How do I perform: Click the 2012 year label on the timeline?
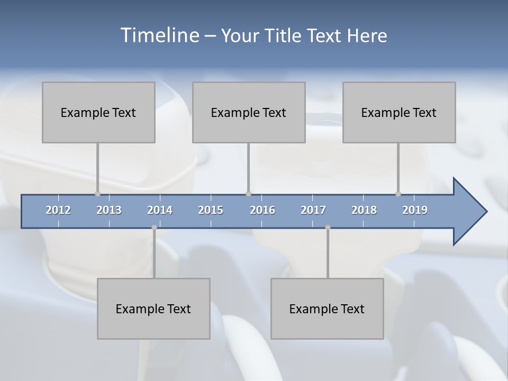click(x=58, y=210)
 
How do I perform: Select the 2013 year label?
click(x=109, y=210)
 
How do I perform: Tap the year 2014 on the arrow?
click(x=160, y=210)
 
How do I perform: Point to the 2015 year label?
click(x=211, y=210)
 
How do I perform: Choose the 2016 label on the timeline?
click(x=262, y=210)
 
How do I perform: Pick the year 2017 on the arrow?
click(x=313, y=210)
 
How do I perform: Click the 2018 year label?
click(x=364, y=210)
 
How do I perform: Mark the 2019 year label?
click(x=415, y=210)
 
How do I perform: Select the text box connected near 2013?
click(x=98, y=112)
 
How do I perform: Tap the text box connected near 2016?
click(x=249, y=112)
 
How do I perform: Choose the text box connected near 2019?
click(x=399, y=112)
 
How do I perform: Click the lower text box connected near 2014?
click(x=153, y=309)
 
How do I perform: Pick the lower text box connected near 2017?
click(x=327, y=309)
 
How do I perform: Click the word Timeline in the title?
click(x=158, y=35)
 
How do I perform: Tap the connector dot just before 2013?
click(x=97, y=194)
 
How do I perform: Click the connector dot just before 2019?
click(x=398, y=194)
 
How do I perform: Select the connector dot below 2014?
click(x=154, y=228)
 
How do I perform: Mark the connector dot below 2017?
click(x=328, y=228)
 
